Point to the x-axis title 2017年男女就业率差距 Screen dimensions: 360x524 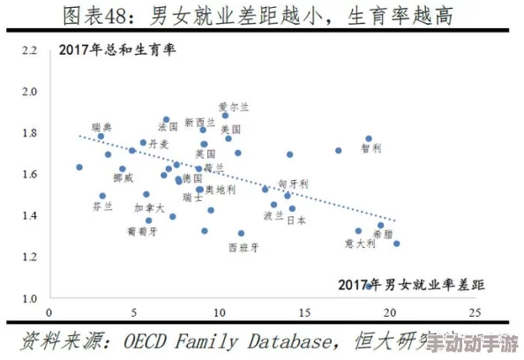pyautogui.click(x=412, y=285)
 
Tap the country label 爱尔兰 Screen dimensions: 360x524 pyautogui.click(x=235, y=107)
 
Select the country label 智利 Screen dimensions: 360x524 pyautogui.click(x=371, y=148)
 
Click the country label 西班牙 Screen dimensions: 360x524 pyautogui.click(x=243, y=248)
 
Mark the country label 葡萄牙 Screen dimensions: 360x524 pyautogui.click(x=142, y=231)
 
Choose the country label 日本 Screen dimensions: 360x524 pyautogui.click(x=298, y=221)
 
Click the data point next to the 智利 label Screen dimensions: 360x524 pyautogui.click(x=369, y=139)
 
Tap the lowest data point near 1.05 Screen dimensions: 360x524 pyautogui.click(x=369, y=287)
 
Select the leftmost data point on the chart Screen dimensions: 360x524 pyautogui.click(x=79, y=167)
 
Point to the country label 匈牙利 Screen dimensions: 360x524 pyautogui.click(x=294, y=184)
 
